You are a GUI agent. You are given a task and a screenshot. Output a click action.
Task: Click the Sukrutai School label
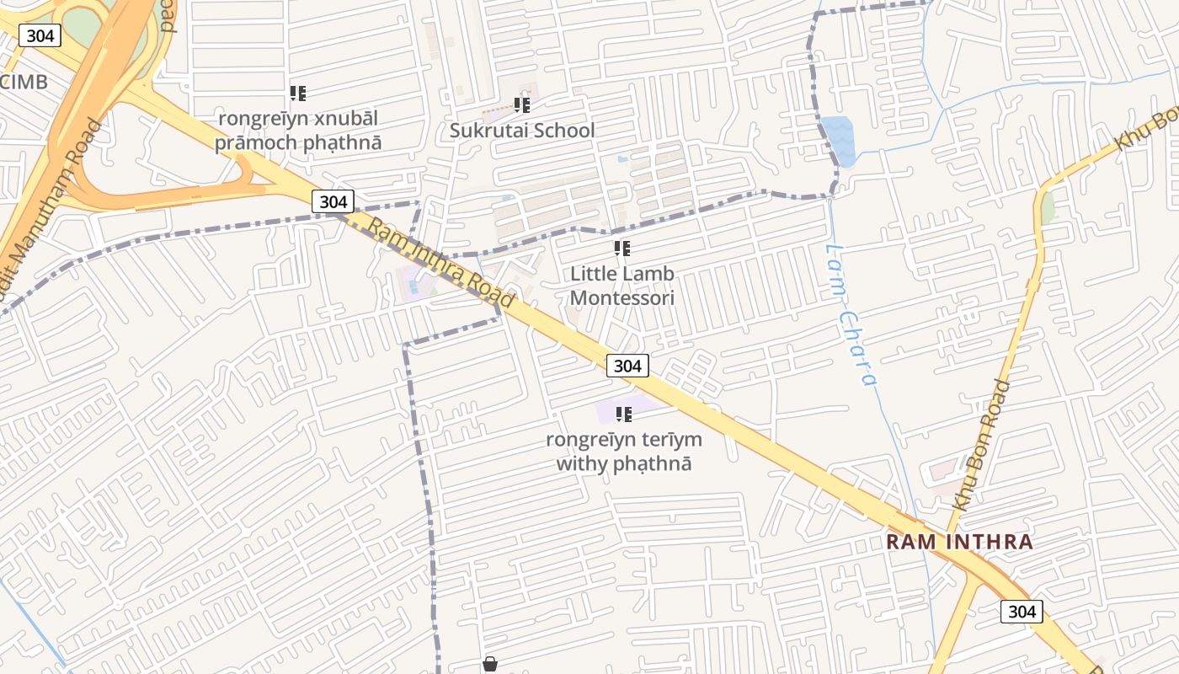[521, 131]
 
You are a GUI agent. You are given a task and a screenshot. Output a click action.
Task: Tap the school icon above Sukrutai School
[521, 105]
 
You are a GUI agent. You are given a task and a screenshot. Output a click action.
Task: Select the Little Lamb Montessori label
[622, 286]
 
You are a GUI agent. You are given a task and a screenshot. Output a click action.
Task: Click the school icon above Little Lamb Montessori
[622, 249]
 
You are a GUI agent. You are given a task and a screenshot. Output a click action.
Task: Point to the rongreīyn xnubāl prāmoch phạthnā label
[298, 130]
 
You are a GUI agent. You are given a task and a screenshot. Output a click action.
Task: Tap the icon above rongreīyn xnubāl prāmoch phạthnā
[298, 93]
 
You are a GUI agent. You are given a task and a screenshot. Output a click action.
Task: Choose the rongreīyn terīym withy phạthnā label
[623, 452]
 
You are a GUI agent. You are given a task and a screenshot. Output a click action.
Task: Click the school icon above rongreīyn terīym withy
[623, 414]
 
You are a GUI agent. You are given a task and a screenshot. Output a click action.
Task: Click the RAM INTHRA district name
[959, 542]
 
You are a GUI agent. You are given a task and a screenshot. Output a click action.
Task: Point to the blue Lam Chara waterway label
[851, 314]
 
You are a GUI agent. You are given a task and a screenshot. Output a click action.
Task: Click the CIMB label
[24, 82]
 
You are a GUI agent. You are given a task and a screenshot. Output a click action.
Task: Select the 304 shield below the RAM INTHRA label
[1022, 612]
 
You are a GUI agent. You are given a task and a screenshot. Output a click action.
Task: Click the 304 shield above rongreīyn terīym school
[627, 365]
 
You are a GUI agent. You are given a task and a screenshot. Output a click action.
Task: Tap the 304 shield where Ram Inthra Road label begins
[333, 201]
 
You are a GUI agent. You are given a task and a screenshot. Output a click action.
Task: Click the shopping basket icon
[490, 665]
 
